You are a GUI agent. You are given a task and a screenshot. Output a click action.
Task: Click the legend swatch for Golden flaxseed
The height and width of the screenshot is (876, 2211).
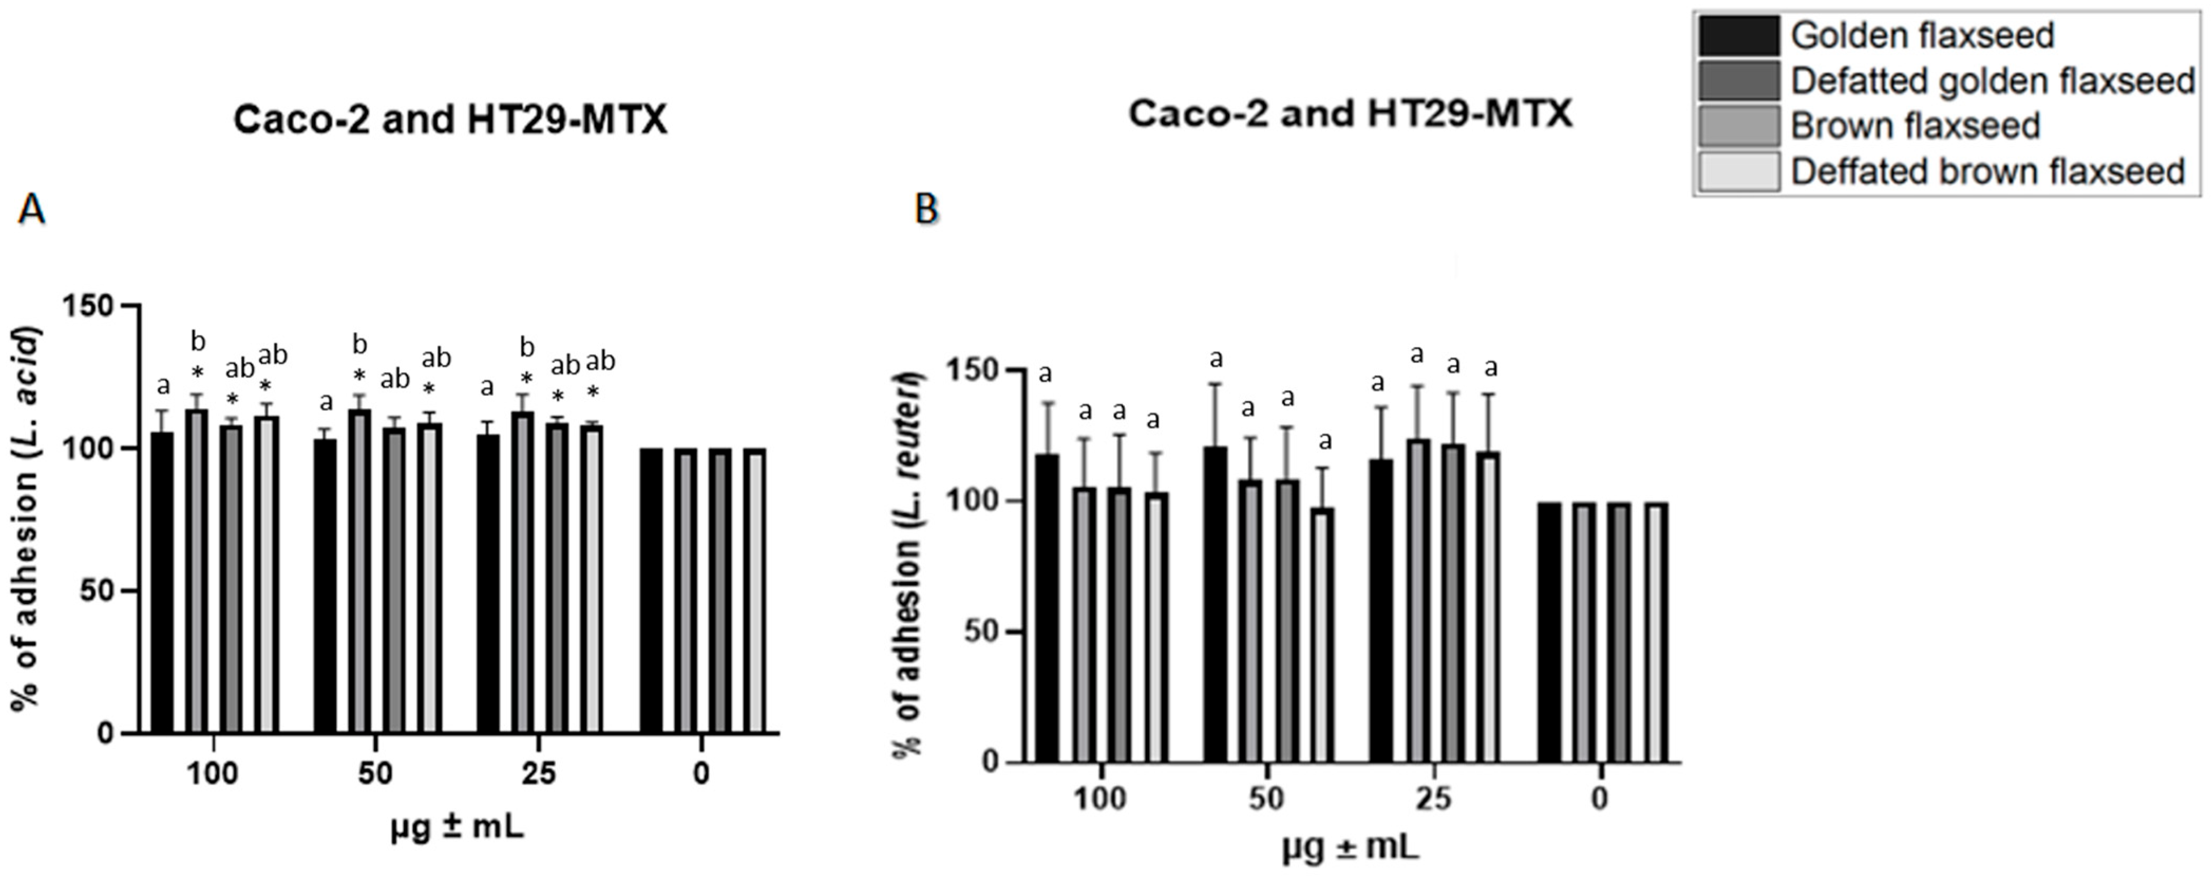[1738, 35]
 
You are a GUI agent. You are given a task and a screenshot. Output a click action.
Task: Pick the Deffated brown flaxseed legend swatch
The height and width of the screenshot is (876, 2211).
[1738, 172]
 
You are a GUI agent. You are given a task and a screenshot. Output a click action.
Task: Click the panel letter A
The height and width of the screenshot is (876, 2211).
[31, 209]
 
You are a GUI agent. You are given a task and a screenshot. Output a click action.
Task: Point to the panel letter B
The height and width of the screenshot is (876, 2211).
[927, 209]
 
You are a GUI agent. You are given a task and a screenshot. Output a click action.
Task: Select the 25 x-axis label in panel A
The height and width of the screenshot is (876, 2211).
[538, 774]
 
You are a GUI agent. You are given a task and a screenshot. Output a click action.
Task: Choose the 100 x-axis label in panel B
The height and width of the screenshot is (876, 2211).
[1099, 799]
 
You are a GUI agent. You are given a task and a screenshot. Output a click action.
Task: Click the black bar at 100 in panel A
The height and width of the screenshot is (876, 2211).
[162, 584]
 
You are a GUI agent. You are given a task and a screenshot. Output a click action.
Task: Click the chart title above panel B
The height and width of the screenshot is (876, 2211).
[1349, 114]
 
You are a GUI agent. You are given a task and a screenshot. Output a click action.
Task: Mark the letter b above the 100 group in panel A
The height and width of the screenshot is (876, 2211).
[198, 343]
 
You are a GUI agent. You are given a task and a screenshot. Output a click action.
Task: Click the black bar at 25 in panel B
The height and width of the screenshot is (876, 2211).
[1381, 610]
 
